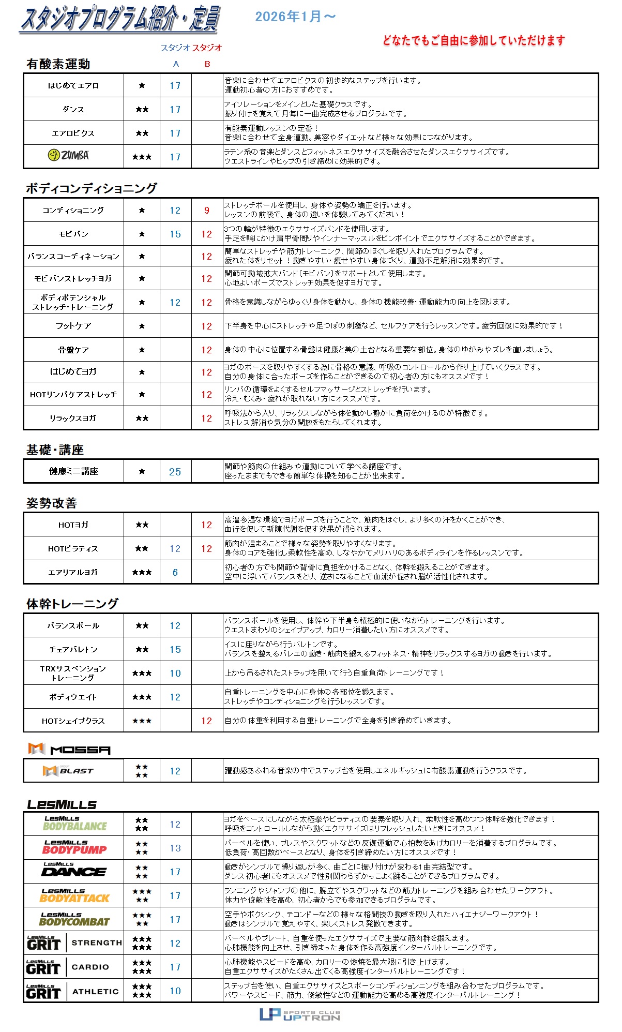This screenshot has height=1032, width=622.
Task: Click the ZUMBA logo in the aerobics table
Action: tap(68, 155)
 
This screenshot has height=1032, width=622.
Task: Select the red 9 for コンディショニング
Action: tap(207, 211)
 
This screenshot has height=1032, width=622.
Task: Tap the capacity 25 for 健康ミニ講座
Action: tap(175, 472)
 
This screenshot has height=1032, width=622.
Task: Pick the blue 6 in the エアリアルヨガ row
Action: tap(175, 573)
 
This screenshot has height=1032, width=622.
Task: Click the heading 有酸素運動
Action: tap(58, 64)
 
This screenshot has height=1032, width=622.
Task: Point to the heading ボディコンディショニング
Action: tap(92, 188)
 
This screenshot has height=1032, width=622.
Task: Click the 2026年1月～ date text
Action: tap(295, 17)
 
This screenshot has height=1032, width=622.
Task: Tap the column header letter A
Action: tap(176, 64)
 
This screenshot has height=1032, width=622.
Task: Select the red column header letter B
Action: tap(207, 64)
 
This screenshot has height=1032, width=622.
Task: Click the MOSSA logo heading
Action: tap(69, 749)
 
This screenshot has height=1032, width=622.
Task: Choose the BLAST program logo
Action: tap(68, 771)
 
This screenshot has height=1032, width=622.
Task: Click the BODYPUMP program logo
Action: tap(74, 847)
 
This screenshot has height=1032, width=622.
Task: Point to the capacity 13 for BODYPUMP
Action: tap(175, 848)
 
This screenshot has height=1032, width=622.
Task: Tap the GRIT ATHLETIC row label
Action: tap(73, 992)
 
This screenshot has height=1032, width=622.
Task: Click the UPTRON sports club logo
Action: tap(300, 1015)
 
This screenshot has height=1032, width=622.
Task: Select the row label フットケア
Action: tap(73, 326)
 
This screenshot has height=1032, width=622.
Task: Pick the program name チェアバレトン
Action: tap(73, 650)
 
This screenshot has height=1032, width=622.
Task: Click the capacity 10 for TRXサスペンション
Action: tap(175, 674)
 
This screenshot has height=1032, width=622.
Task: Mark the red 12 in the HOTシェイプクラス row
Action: tap(207, 721)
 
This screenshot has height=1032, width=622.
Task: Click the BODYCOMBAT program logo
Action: tap(74, 919)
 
